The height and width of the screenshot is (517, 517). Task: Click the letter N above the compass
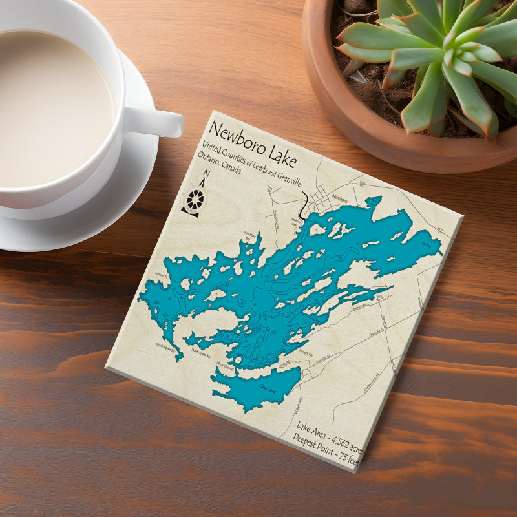click(x=206, y=174)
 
